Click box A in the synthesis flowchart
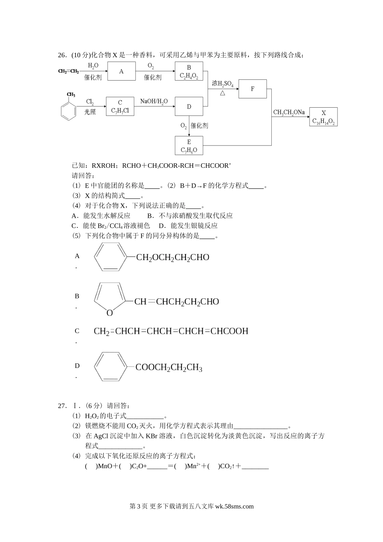pos(121,71)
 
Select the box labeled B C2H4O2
pos(189,72)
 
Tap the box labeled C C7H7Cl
pos(120,106)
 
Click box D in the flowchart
pos(189,106)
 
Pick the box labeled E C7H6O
pos(189,146)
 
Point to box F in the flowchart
pos(252,89)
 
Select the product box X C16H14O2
pos(323,117)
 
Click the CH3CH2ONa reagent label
pos(289,113)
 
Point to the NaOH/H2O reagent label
pos(154,102)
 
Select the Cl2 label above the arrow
pos(90,102)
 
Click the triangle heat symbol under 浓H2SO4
pos(223,93)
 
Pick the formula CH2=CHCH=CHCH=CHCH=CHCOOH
pos(171,331)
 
